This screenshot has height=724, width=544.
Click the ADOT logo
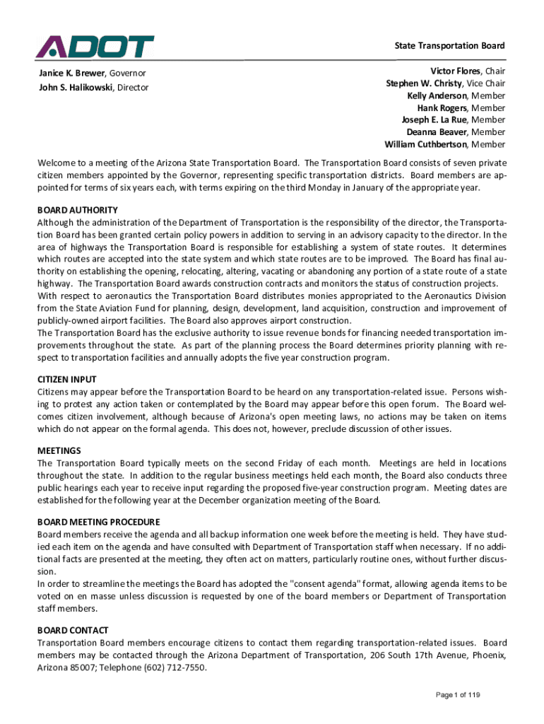click(x=95, y=47)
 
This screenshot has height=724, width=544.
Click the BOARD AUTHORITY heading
click(x=78, y=210)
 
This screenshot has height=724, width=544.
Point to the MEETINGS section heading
click(x=59, y=451)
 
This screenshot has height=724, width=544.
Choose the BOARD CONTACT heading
click(x=73, y=630)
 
